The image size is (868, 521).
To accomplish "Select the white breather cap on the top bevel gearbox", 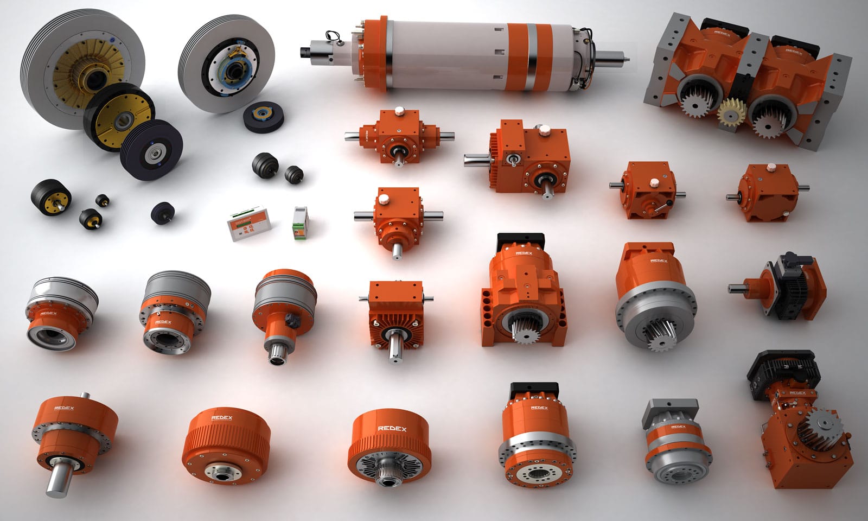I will [x=400, y=111].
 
